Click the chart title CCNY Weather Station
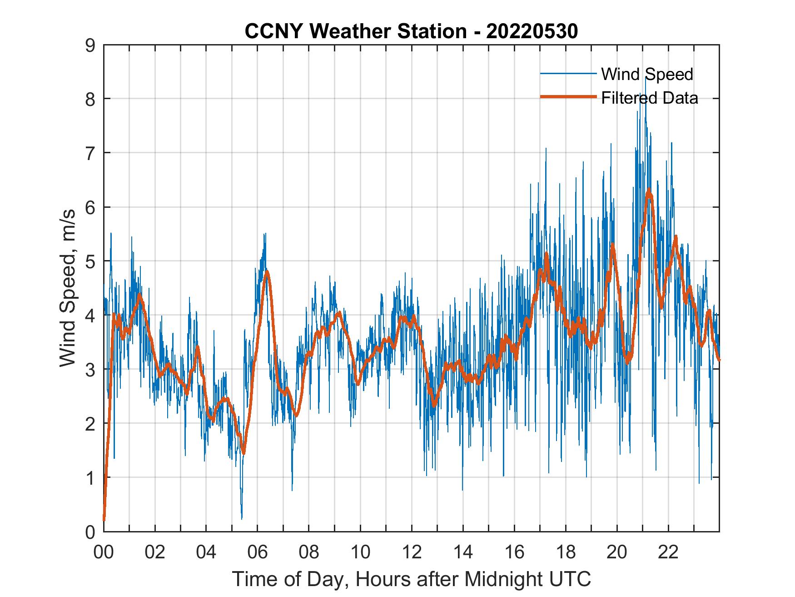click(355, 31)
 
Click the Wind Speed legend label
click(647, 74)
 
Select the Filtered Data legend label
click(649, 98)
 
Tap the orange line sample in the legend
click(568, 97)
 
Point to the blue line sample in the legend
click(568, 74)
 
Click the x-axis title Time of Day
click(412, 579)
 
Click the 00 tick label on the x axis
click(104, 552)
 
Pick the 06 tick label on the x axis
click(258, 552)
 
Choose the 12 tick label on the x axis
click(412, 552)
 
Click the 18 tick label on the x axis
click(566, 552)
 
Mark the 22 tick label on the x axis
click(668, 552)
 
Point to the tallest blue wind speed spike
click(646, 78)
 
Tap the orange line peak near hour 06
click(267, 271)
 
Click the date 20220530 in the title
click(532, 31)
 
